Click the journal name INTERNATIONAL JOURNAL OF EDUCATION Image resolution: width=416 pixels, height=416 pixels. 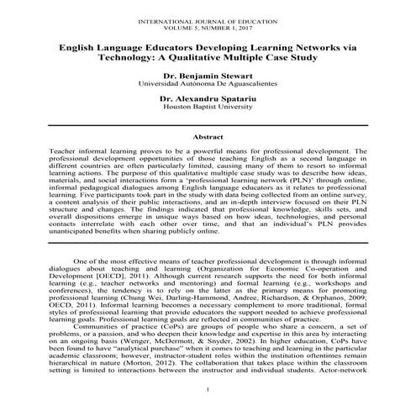point(208,18)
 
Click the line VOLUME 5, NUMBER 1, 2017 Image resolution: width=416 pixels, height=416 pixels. point(208,25)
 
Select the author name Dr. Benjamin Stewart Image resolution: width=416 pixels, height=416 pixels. point(208,76)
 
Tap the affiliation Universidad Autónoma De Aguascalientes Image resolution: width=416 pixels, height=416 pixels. point(208,85)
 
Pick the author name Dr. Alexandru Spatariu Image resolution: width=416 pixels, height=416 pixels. point(208,99)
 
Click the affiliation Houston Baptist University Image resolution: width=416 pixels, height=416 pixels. point(208,108)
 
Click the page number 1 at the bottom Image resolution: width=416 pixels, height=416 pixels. point(208,392)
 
